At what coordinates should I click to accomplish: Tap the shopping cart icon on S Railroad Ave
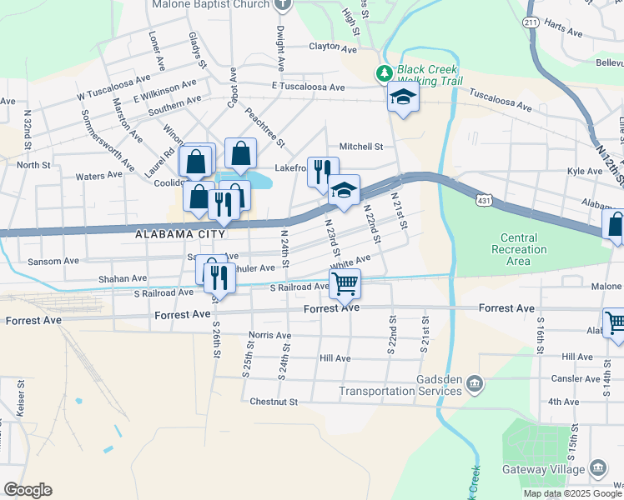click(x=345, y=284)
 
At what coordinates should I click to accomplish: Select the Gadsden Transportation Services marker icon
click(x=475, y=383)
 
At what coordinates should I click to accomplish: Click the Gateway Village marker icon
click(x=598, y=467)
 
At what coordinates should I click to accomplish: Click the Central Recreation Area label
click(x=519, y=250)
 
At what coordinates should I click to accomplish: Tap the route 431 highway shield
click(x=485, y=201)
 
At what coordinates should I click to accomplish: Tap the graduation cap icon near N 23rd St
click(x=343, y=190)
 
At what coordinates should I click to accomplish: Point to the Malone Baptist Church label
click(x=210, y=4)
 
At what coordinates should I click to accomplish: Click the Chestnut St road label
click(x=274, y=402)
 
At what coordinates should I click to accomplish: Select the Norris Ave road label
click(x=269, y=336)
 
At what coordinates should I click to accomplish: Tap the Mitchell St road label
click(x=361, y=146)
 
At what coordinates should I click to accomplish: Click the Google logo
click(x=28, y=490)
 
